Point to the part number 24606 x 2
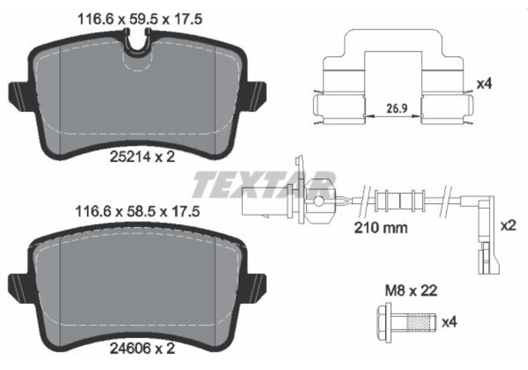[x=141, y=349]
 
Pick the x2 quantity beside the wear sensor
[x=507, y=226]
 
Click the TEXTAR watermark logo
[x=264, y=184]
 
